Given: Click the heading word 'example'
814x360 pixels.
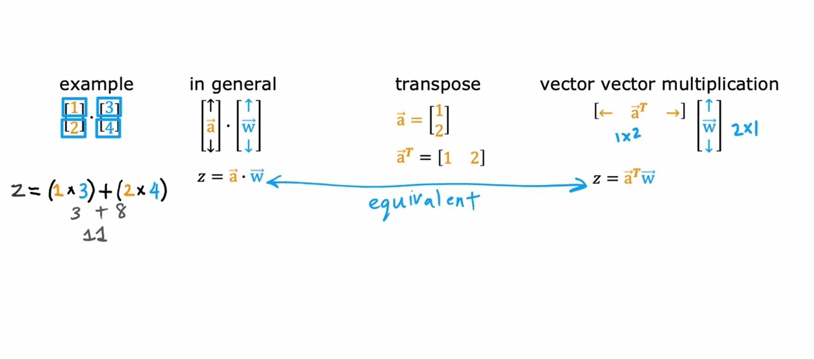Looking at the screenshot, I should pyautogui.click(x=96, y=85).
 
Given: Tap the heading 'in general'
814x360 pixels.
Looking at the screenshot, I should pyautogui.click(x=233, y=85).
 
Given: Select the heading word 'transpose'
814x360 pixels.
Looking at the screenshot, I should pyautogui.click(x=437, y=85).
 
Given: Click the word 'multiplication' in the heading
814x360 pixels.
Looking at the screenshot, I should pyautogui.click(x=720, y=85).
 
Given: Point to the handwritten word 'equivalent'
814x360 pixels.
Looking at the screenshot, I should pyautogui.click(x=424, y=202).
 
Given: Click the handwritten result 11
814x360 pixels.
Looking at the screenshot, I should pyautogui.click(x=95, y=234).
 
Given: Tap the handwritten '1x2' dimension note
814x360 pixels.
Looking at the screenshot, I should pyautogui.click(x=628, y=136).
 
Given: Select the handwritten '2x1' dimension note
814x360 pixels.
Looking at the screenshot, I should pyautogui.click(x=745, y=129).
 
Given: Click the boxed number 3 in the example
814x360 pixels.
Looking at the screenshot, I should pyautogui.click(x=109, y=108).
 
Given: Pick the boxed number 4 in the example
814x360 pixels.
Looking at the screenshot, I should pyautogui.click(x=109, y=127).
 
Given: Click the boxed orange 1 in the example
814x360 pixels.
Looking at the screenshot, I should pyautogui.click(x=74, y=108).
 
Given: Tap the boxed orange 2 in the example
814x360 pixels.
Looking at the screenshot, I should pyautogui.click(x=74, y=127).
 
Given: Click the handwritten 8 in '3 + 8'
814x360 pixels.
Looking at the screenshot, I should pyautogui.click(x=121, y=212).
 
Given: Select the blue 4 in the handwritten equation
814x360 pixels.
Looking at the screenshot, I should pyautogui.click(x=154, y=191).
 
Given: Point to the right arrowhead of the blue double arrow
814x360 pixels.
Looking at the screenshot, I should pyautogui.click(x=582, y=185).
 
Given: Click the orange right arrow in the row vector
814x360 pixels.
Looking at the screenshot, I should pyautogui.click(x=673, y=113).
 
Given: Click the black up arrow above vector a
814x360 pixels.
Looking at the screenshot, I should pyautogui.click(x=211, y=106).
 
